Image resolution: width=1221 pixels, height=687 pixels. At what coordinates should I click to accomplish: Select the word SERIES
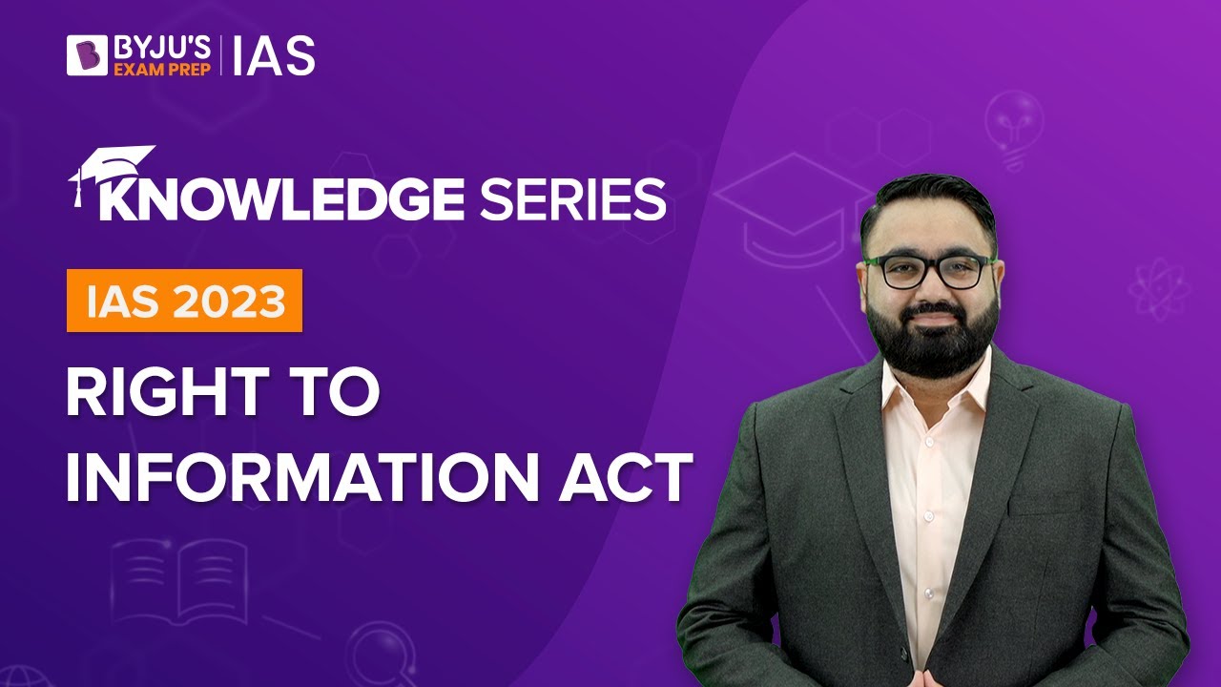(x=572, y=199)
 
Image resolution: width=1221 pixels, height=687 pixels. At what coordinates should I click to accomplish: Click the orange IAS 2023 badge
(x=184, y=301)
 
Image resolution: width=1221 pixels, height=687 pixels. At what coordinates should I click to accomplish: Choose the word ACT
(x=631, y=477)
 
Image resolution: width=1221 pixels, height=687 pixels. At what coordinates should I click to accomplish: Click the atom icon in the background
(x=1157, y=286)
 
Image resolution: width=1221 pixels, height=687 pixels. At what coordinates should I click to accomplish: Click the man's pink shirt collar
(x=930, y=382)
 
